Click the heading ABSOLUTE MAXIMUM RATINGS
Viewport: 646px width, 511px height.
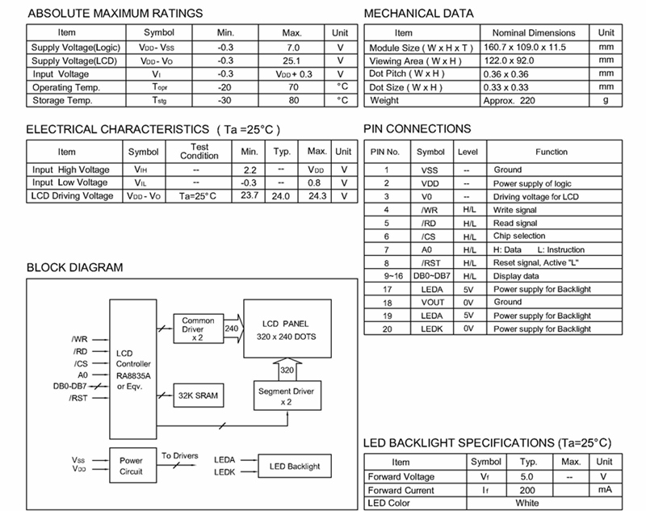(x=115, y=13)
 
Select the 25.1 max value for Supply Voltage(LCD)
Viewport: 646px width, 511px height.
(x=292, y=61)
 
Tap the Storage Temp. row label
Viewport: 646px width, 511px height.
(x=63, y=100)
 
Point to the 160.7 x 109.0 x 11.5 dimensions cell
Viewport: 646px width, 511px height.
(x=530, y=48)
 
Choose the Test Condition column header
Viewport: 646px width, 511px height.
(x=199, y=151)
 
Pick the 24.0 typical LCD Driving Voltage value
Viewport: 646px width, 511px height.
(x=281, y=195)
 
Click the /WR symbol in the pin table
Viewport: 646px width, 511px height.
(x=430, y=210)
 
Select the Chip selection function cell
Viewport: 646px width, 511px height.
(x=520, y=236)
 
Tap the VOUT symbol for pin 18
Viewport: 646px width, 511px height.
(x=430, y=302)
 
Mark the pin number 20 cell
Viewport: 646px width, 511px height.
(x=387, y=329)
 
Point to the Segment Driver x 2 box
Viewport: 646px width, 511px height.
(x=286, y=396)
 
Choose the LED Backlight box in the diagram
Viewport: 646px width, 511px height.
(x=293, y=466)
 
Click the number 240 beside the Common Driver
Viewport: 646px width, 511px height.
(x=230, y=329)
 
